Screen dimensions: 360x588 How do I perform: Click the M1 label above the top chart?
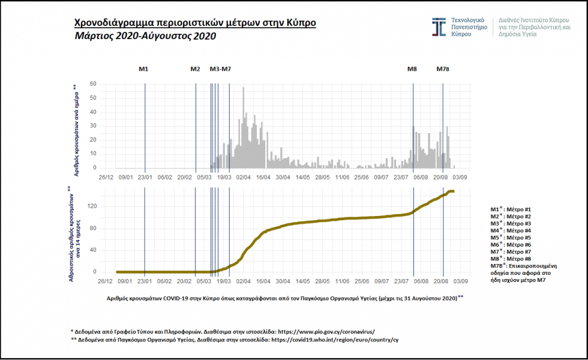(143, 69)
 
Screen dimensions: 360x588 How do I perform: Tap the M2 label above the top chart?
(195, 69)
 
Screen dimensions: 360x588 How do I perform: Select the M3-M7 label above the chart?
(220, 69)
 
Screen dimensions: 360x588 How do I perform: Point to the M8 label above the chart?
(412, 69)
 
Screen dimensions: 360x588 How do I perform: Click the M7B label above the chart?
(442, 69)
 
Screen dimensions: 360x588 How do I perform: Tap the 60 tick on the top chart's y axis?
(94, 84)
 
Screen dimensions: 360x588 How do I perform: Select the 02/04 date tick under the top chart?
(243, 178)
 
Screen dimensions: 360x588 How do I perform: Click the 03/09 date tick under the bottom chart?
(461, 280)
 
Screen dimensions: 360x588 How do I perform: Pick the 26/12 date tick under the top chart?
(106, 178)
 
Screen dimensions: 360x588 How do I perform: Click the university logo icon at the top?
(439, 27)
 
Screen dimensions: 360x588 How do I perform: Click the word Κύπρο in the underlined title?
(301, 23)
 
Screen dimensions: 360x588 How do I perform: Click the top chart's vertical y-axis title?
(76, 130)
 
